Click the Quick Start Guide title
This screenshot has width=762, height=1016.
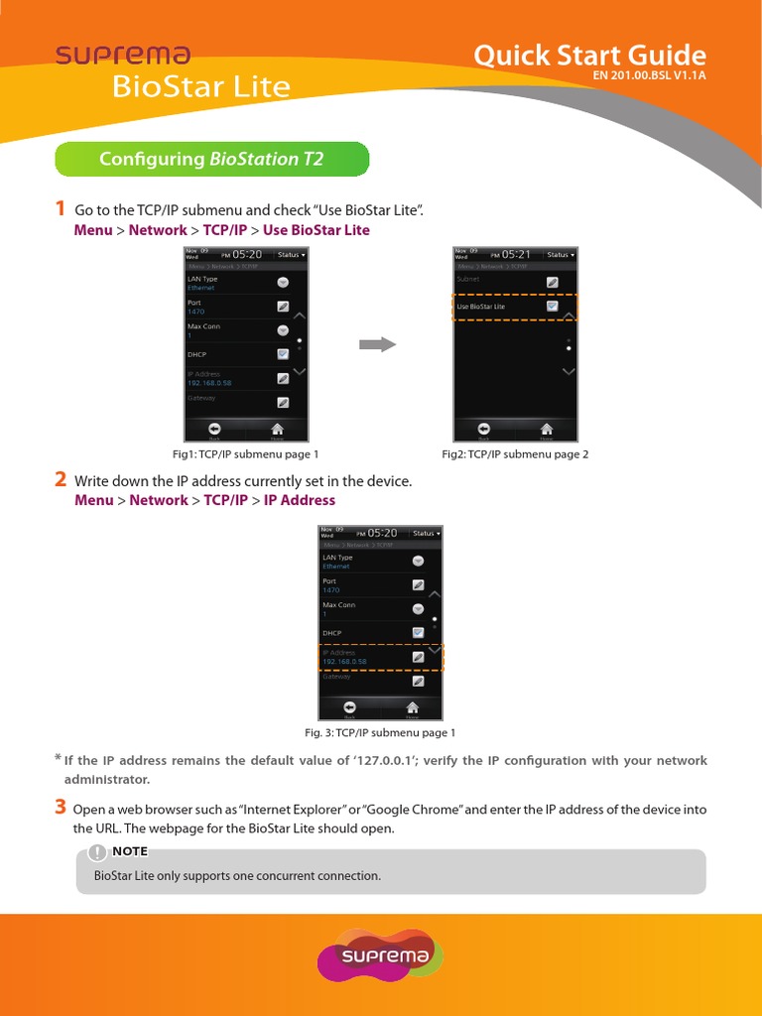tap(589, 55)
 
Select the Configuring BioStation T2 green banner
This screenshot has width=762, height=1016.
tap(211, 159)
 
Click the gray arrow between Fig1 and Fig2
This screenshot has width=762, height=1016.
tap(377, 344)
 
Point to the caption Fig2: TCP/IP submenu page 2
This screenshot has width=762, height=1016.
tap(515, 454)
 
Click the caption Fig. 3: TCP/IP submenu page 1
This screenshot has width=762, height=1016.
tap(380, 733)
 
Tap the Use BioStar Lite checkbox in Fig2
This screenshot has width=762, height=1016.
tap(553, 307)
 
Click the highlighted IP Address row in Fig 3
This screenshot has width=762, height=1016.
tap(380, 657)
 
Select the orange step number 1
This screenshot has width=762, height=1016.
tap(61, 208)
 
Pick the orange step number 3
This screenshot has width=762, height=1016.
tap(61, 808)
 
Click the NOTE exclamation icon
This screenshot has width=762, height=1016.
tap(97, 851)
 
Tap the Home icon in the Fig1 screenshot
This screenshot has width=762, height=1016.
tap(277, 429)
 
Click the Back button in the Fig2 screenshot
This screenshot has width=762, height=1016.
tap(483, 429)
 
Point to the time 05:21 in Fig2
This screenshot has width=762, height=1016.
tap(516, 254)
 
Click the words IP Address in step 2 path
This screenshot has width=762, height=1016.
tap(300, 500)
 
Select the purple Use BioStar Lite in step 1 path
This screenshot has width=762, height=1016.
tap(316, 230)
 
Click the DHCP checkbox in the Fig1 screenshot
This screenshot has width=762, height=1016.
tap(283, 353)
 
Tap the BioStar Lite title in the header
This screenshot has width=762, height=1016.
tap(200, 87)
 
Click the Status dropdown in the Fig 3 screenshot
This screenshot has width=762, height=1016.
tap(427, 533)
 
